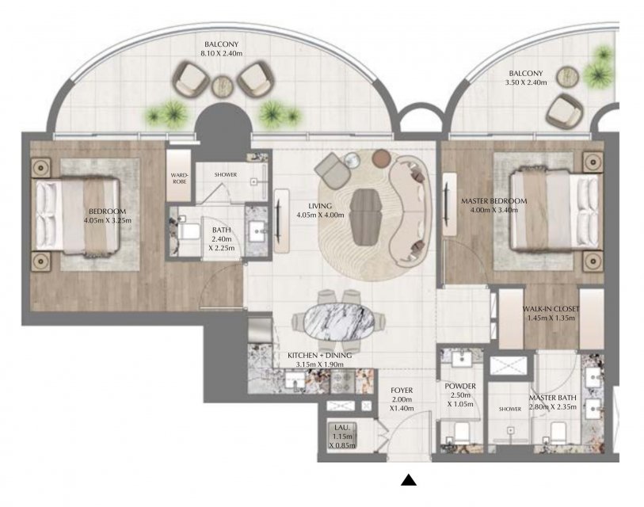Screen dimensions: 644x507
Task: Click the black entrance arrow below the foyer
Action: (x=409, y=480)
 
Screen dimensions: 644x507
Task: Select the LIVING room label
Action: (x=320, y=206)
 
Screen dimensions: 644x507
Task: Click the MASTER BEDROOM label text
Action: (x=493, y=201)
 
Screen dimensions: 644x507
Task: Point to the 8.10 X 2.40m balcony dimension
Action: (x=221, y=53)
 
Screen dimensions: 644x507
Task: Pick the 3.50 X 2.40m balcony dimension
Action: (x=526, y=82)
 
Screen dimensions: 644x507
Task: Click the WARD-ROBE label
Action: (x=180, y=178)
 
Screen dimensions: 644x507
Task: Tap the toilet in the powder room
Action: (x=461, y=433)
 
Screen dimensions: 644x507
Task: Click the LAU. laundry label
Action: (x=341, y=428)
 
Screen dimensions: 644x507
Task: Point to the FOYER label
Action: (x=402, y=391)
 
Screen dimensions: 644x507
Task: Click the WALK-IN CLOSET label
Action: (x=551, y=308)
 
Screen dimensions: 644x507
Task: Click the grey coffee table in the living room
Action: (x=368, y=217)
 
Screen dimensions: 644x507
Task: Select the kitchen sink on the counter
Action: (x=295, y=380)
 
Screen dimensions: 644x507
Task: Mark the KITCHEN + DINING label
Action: (x=319, y=356)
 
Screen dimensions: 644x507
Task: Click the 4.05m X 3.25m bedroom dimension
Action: (x=108, y=220)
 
